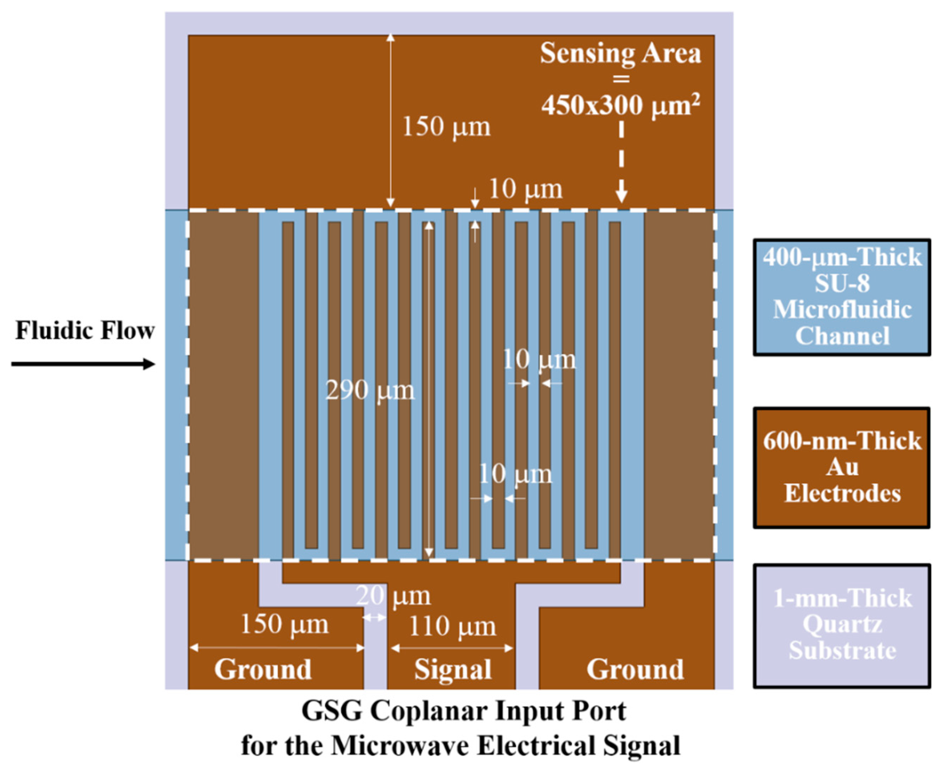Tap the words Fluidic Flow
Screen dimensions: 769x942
(85, 331)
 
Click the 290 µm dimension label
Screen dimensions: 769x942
(369, 391)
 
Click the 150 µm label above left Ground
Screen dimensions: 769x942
(284, 625)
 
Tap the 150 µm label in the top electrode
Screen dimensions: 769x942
(446, 127)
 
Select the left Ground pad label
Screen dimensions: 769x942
(263, 669)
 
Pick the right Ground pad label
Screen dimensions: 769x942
(635, 669)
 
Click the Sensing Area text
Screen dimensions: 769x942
(620, 54)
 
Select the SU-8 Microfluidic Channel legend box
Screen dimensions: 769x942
(842, 297)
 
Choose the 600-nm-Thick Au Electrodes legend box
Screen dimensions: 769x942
(842, 467)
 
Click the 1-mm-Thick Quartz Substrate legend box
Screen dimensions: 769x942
(842, 625)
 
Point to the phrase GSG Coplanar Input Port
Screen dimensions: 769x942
(464, 711)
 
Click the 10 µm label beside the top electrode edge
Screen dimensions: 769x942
(525, 189)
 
